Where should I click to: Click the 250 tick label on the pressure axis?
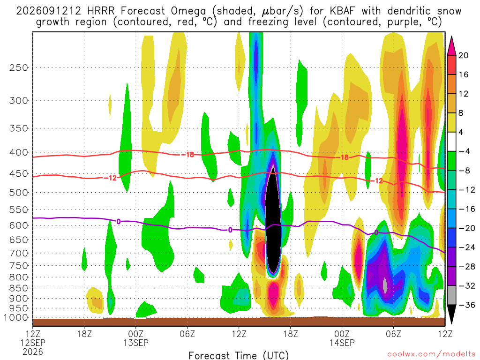(19, 67)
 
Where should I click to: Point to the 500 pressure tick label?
(19, 193)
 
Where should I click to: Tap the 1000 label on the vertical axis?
(16, 318)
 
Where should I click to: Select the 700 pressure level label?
(19, 253)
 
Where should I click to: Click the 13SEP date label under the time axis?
(136, 343)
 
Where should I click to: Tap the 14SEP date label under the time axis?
(342, 343)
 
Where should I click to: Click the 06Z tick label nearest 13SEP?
(187, 333)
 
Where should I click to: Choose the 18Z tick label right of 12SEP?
(84, 333)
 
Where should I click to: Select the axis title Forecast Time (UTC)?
(239, 355)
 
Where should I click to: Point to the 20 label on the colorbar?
(463, 55)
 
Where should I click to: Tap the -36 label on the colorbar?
(466, 305)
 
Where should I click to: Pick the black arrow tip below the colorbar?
(451, 323)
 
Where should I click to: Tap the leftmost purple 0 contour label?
(119, 221)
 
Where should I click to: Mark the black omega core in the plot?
(273, 219)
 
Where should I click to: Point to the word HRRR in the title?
(101, 11)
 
